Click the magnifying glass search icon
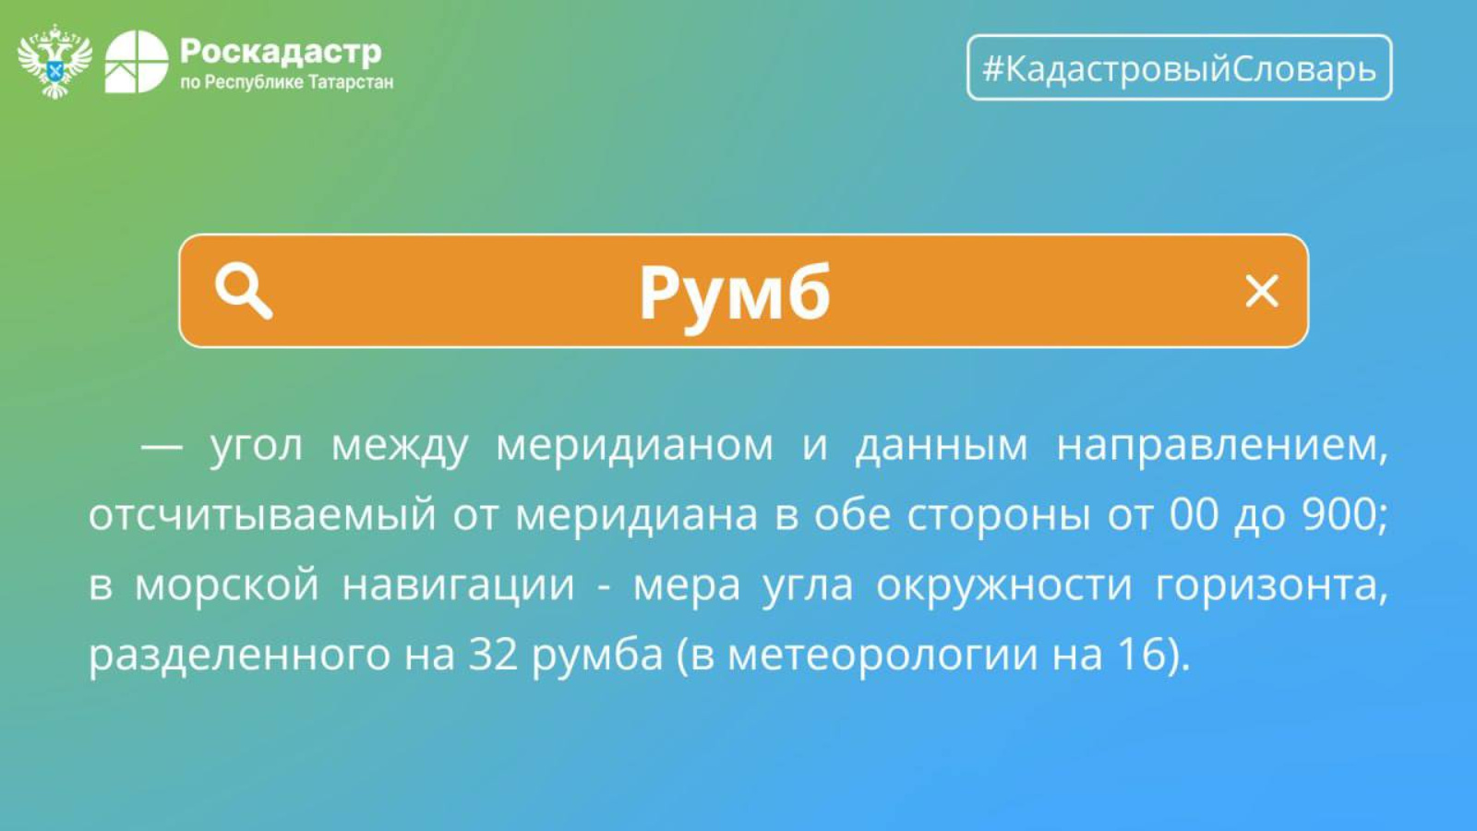(244, 291)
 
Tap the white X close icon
(1262, 291)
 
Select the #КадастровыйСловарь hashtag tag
(1180, 67)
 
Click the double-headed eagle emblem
(54, 61)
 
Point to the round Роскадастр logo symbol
(138, 62)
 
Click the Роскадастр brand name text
(281, 52)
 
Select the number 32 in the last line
(493, 655)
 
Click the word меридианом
(634, 445)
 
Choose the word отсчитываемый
(262, 515)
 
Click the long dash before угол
(162, 447)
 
